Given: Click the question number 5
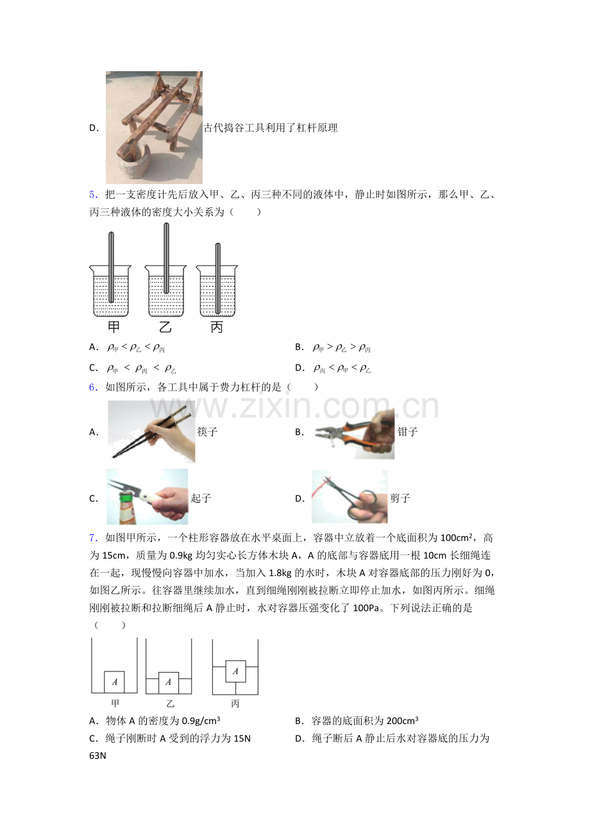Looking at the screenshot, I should pyautogui.click(x=92, y=195).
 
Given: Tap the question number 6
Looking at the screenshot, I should pyautogui.click(x=92, y=387).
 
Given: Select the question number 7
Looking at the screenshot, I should pyautogui.click(x=92, y=537).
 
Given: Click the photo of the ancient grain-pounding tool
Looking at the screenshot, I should pyautogui.click(x=154, y=128).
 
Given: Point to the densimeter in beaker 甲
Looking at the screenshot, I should pyautogui.click(x=111, y=267).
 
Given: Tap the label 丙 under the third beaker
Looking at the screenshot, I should pyautogui.click(x=217, y=327).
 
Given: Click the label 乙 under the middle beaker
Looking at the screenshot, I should pyautogui.click(x=165, y=327).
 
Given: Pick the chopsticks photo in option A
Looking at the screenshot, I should pyautogui.click(x=151, y=432).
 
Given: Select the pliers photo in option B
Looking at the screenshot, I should pyautogui.click(x=353, y=432).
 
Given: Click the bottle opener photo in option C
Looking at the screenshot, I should pyautogui.click(x=147, y=497).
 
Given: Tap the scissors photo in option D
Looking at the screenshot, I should pyautogui.click(x=350, y=497).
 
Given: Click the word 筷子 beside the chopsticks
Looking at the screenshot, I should pyautogui.click(x=208, y=432).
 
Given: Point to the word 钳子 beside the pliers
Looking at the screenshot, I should pyautogui.click(x=408, y=432).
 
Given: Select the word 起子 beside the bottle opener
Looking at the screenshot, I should pyautogui.click(x=201, y=498).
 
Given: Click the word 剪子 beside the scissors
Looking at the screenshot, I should pyautogui.click(x=400, y=498).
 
